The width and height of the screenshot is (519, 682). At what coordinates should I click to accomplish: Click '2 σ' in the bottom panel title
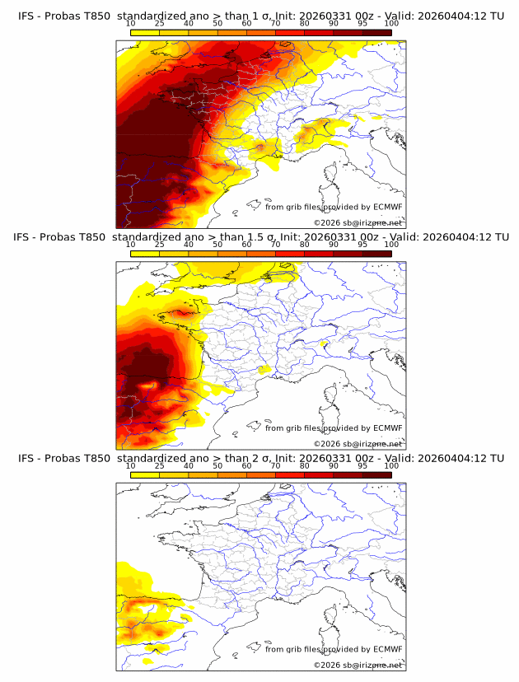[x=259, y=458]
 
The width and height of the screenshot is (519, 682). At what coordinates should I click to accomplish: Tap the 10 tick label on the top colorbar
[x=131, y=24]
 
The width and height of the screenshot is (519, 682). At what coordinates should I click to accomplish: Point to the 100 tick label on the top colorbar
[x=391, y=24]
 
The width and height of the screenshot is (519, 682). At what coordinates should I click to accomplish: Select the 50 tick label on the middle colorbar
[x=217, y=245]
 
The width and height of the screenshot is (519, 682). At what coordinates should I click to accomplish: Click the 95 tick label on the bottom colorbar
[x=362, y=466]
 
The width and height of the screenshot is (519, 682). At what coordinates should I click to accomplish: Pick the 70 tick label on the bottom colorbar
[x=275, y=466]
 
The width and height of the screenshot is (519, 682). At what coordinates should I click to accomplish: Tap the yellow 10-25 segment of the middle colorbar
[x=145, y=253]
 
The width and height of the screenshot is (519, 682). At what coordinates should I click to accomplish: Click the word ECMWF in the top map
[x=387, y=208]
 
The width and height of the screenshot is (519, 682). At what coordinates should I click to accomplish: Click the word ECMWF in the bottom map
[x=387, y=649]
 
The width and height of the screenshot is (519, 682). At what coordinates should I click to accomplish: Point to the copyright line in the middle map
[x=358, y=443]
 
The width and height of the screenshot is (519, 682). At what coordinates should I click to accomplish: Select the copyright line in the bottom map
[x=358, y=665]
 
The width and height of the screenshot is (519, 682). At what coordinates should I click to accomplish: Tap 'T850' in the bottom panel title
[x=96, y=458]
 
